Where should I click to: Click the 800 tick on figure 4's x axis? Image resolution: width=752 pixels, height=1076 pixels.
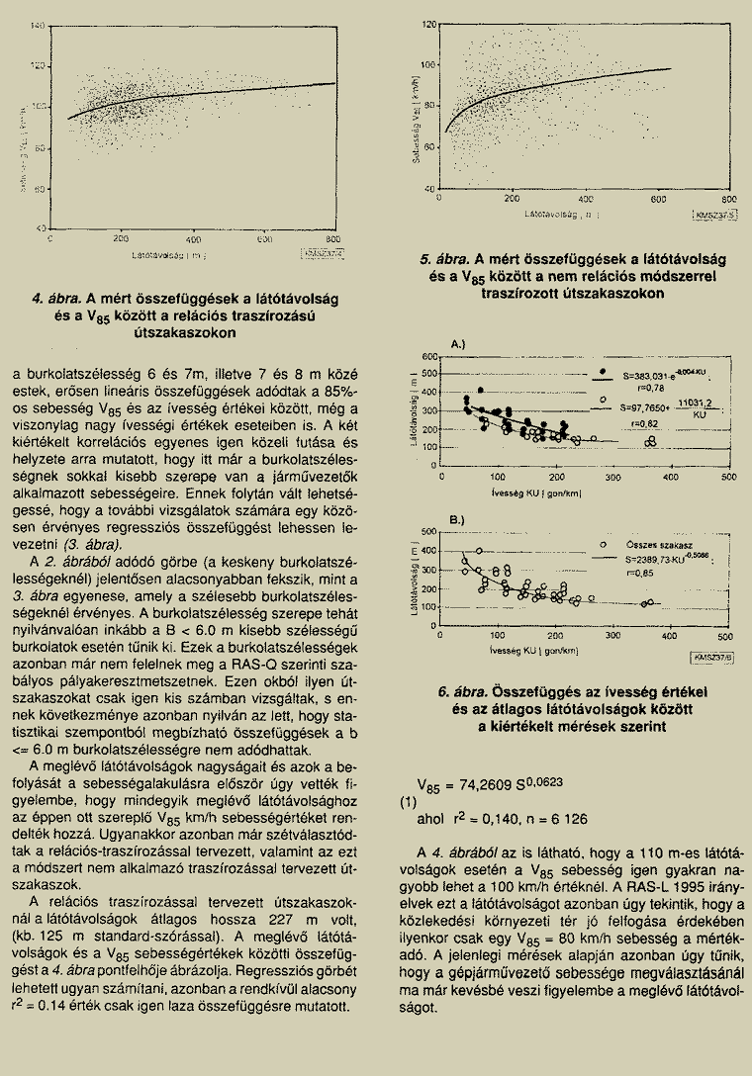pyautogui.click(x=332, y=239)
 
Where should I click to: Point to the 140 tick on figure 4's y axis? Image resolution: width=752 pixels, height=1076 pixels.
pyautogui.click(x=40, y=25)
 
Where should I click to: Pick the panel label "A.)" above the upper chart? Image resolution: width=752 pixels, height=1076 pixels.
pyautogui.click(x=457, y=344)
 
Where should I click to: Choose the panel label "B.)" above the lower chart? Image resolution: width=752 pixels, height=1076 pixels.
pyautogui.click(x=457, y=519)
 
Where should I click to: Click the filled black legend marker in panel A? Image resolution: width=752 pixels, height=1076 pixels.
pyautogui.click(x=603, y=372)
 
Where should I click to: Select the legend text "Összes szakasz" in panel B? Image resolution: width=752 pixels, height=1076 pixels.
pyautogui.click(x=653, y=544)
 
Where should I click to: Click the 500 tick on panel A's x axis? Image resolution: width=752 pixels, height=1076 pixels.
pyautogui.click(x=728, y=477)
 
